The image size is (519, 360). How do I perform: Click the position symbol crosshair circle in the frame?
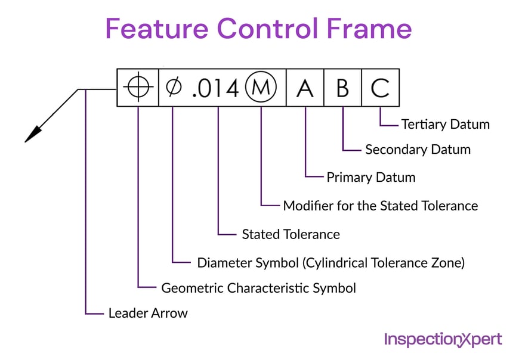(x=138, y=88)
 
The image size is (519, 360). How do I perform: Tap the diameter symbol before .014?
(x=173, y=88)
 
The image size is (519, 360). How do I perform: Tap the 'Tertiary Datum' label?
(x=445, y=125)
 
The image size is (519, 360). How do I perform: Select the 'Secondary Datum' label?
(x=418, y=150)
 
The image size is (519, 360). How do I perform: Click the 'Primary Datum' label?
(x=370, y=178)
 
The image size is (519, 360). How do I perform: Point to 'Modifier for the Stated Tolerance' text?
(x=380, y=206)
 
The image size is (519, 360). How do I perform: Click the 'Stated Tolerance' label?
(x=291, y=234)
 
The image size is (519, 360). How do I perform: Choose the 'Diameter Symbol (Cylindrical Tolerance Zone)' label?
(x=330, y=262)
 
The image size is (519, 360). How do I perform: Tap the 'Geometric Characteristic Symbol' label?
(x=258, y=288)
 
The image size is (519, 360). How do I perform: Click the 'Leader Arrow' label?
(x=147, y=313)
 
